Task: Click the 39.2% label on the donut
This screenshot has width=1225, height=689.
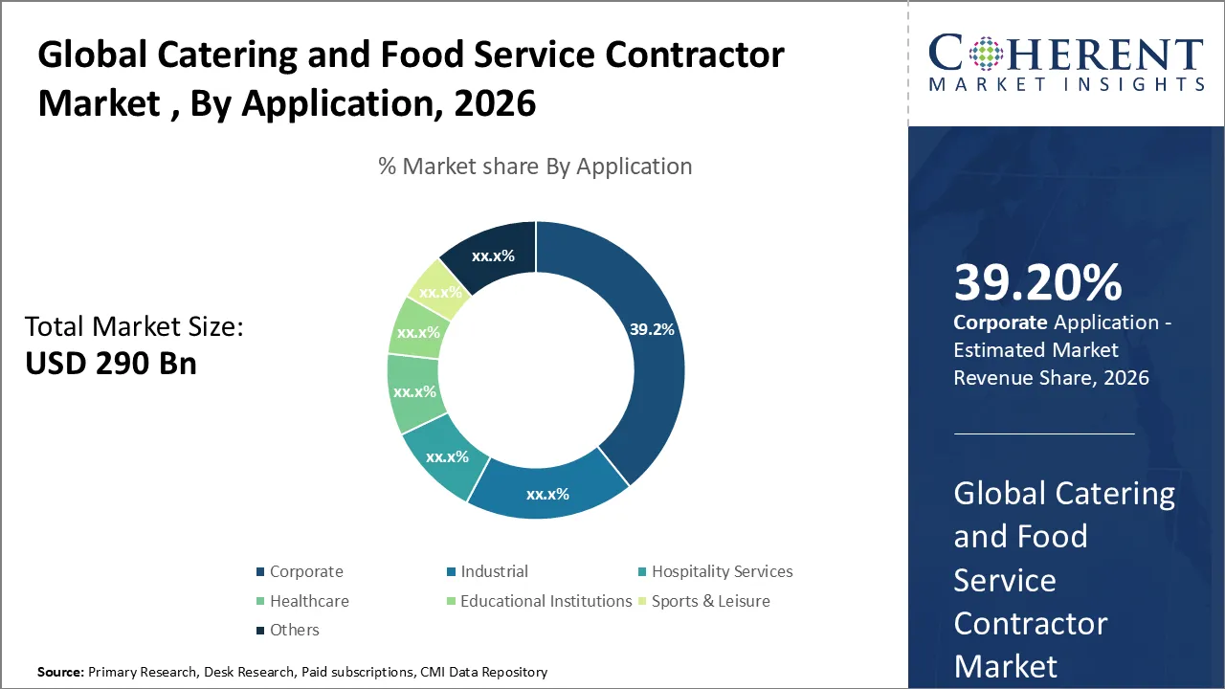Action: click(x=652, y=329)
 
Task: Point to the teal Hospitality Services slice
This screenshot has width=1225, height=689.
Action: click(x=446, y=456)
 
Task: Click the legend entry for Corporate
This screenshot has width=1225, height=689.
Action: click(x=305, y=571)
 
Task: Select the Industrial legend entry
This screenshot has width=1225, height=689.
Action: click(x=494, y=571)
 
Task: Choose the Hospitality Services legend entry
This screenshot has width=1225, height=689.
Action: click(x=722, y=571)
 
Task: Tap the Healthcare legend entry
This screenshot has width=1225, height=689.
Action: click(x=308, y=601)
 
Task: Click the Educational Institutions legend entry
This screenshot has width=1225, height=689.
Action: click(x=546, y=601)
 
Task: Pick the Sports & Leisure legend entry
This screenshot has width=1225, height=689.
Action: click(x=710, y=601)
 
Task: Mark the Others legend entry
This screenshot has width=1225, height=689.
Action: click(x=294, y=630)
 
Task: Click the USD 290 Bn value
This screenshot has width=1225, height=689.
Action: click(x=110, y=364)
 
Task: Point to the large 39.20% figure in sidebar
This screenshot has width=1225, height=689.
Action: click(x=1037, y=283)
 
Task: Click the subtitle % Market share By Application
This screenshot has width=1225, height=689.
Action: click(x=535, y=167)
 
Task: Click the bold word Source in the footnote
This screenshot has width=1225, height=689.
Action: click(x=60, y=673)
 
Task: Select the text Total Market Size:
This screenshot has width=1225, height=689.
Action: click(x=134, y=327)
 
